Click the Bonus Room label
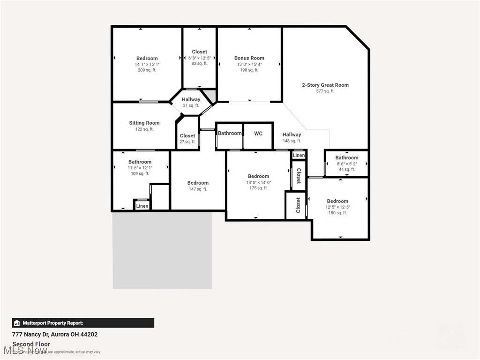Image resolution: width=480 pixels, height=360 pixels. [249, 58]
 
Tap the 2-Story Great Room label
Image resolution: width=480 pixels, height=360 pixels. [325, 85]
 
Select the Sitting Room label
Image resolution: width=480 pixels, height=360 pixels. [144, 123]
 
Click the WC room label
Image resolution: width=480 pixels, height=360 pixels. [258, 134]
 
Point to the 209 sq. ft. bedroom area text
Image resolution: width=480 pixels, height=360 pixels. [147, 70]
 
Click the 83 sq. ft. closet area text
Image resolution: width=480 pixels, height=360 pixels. [199, 64]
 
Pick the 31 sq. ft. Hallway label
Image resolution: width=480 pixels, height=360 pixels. [191, 99]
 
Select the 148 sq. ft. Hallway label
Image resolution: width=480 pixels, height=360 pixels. [292, 135]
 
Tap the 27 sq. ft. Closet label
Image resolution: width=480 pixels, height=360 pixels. [187, 136]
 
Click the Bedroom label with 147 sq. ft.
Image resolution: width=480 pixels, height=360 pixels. [198, 183]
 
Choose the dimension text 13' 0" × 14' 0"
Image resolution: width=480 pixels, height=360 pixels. [258, 182]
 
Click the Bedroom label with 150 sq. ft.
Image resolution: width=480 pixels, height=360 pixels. [337, 201]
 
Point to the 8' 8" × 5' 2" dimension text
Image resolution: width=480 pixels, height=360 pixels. [346, 164]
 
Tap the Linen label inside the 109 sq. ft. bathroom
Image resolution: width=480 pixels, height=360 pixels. [142, 206]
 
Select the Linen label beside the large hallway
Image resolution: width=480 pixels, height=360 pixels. [299, 155]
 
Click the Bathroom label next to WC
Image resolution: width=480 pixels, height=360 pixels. [230, 133]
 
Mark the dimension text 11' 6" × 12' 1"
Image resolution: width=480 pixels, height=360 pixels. [140, 168]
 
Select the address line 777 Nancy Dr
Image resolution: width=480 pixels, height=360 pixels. [55, 334]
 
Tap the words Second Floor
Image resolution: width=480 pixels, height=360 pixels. [31, 344]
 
